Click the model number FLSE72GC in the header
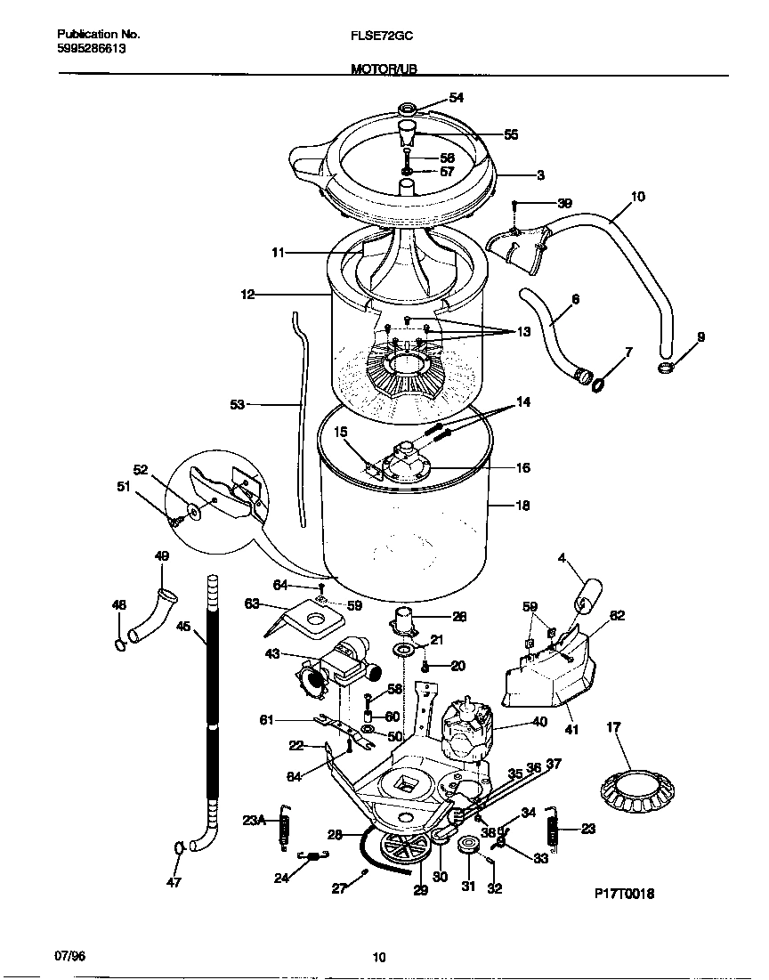point(382,36)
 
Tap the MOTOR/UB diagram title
point(384,69)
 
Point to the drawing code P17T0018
point(625,894)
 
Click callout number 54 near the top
point(456,98)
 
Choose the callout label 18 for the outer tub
point(522,506)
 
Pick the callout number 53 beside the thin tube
point(237,404)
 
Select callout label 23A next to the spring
point(254,821)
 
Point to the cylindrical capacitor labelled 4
point(587,595)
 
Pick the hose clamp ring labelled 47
point(180,847)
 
